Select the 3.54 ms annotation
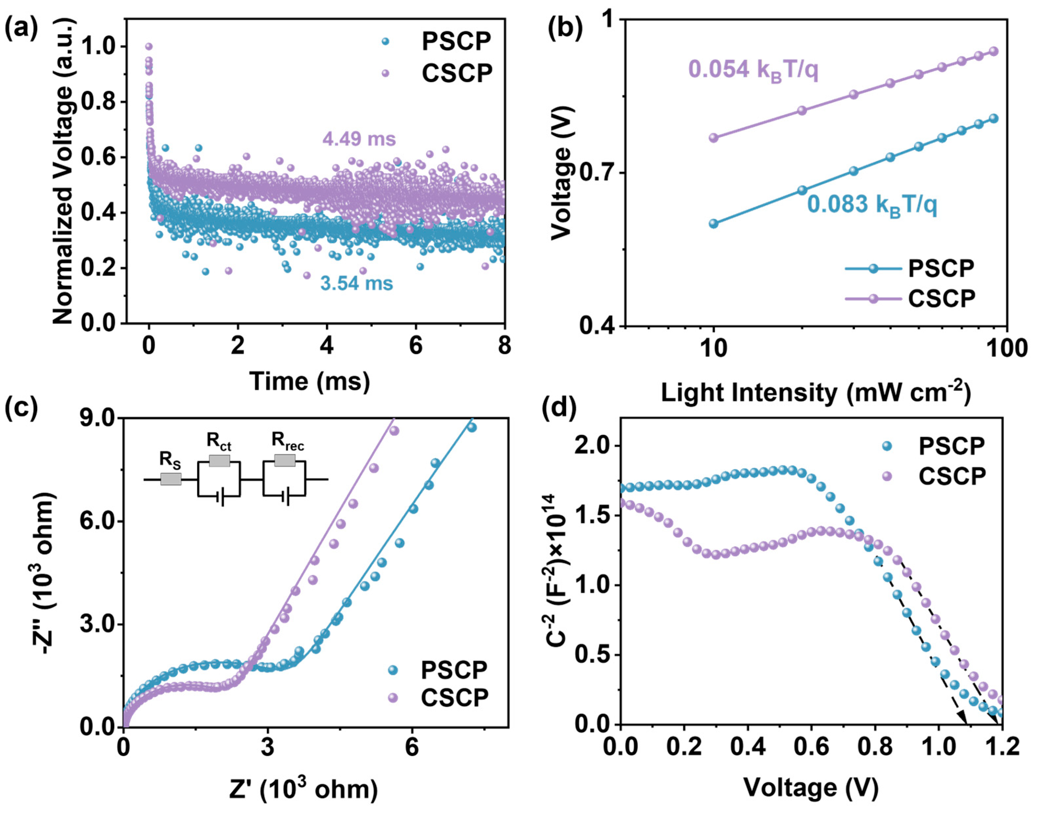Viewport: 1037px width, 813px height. pos(356,284)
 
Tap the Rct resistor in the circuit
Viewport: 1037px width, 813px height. pos(219,461)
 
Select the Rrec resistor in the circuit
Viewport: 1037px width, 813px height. pos(285,460)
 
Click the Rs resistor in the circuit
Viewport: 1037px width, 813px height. pos(170,479)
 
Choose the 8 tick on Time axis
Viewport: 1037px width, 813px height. pos(504,345)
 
